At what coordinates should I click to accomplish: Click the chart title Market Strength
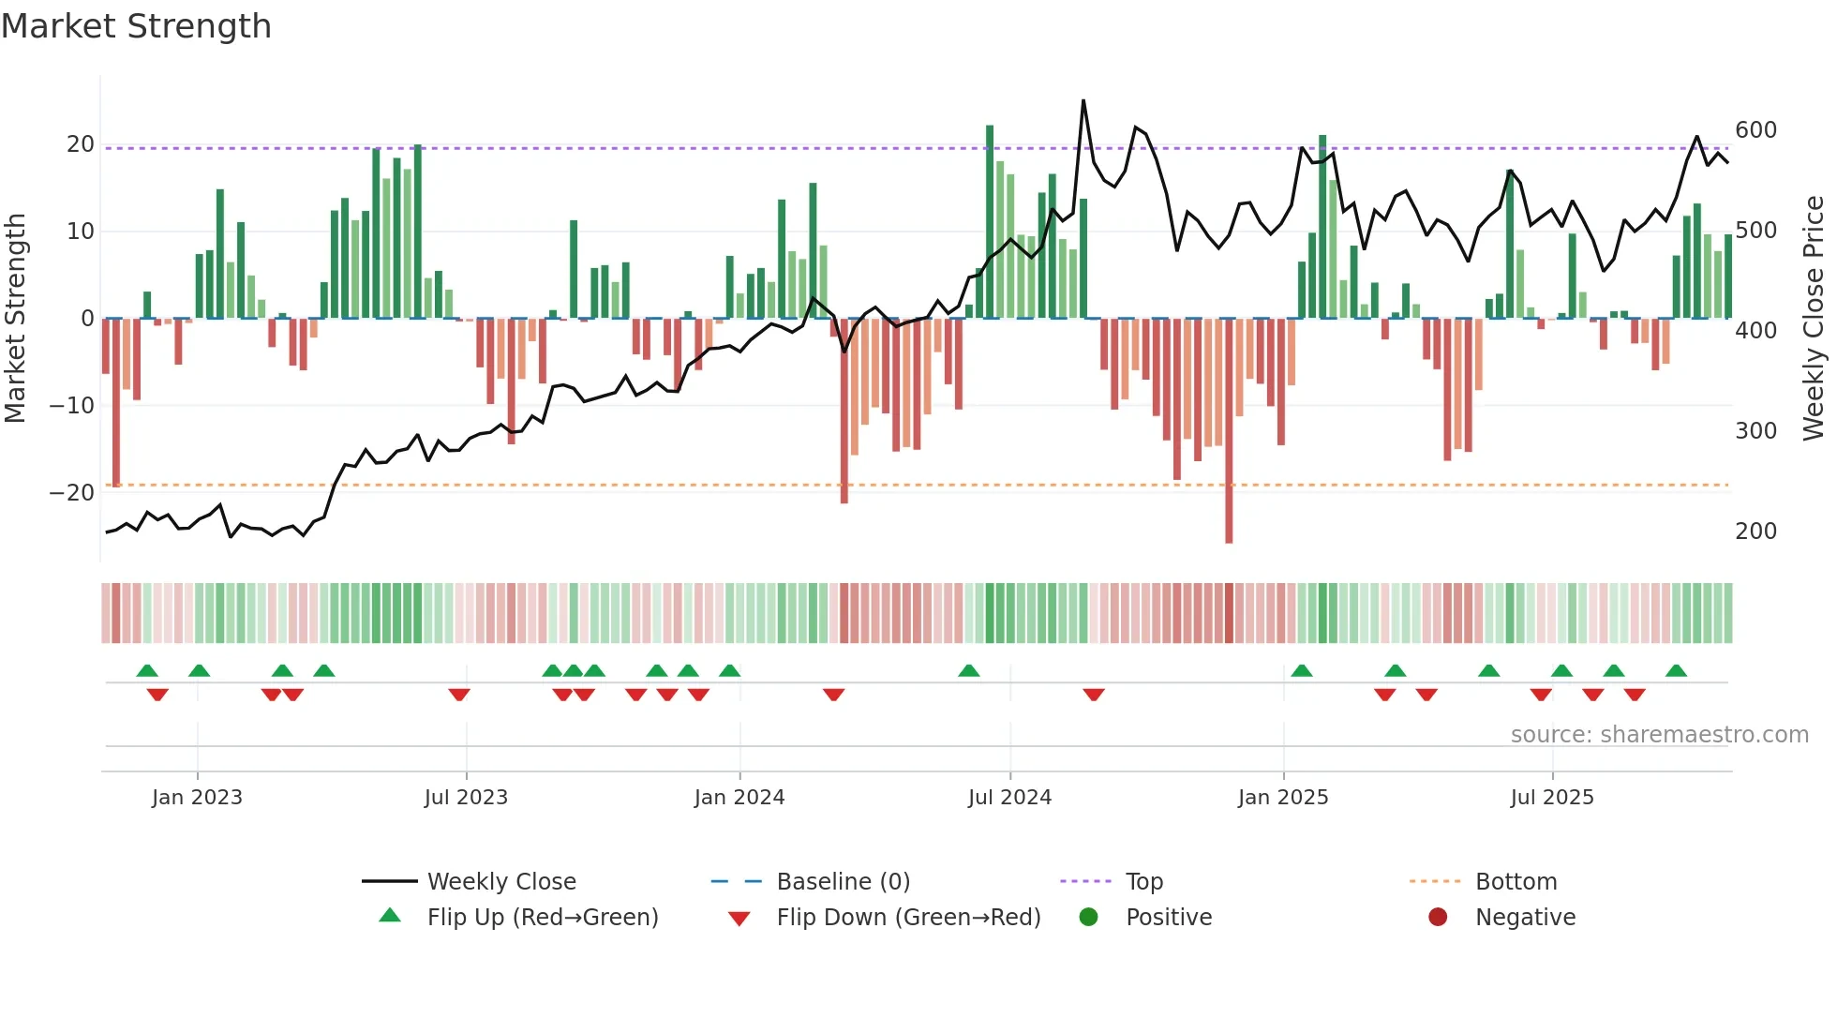click(136, 26)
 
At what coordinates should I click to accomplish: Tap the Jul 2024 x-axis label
click(1009, 798)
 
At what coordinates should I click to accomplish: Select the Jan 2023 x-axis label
click(197, 798)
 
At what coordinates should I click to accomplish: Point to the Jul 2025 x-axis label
click(1552, 798)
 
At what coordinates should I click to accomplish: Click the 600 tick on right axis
click(1755, 130)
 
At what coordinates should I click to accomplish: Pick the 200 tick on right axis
click(1755, 531)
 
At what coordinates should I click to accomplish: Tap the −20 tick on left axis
click(72, 493)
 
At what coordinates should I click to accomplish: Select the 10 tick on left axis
click(81, 232)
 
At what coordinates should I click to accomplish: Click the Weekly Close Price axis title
click(1814, 319)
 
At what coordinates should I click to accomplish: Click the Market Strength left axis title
click(15, 319)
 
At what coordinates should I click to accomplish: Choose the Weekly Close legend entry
click(500, 882)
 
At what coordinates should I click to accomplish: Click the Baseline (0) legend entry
click(843, 882)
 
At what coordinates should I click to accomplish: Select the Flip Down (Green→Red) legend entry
click(907, 918)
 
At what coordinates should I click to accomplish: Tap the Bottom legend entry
click(1516, 882)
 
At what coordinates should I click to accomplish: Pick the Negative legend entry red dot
click(1438, 918)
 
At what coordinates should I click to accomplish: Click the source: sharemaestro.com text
click(1659, 735)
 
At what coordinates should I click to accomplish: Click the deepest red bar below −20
click(1229, 431)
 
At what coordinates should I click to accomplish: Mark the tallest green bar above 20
click(990, 221)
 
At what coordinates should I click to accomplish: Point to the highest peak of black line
click(1083, 100)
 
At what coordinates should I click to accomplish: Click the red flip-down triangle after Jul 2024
click(1094, 695)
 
